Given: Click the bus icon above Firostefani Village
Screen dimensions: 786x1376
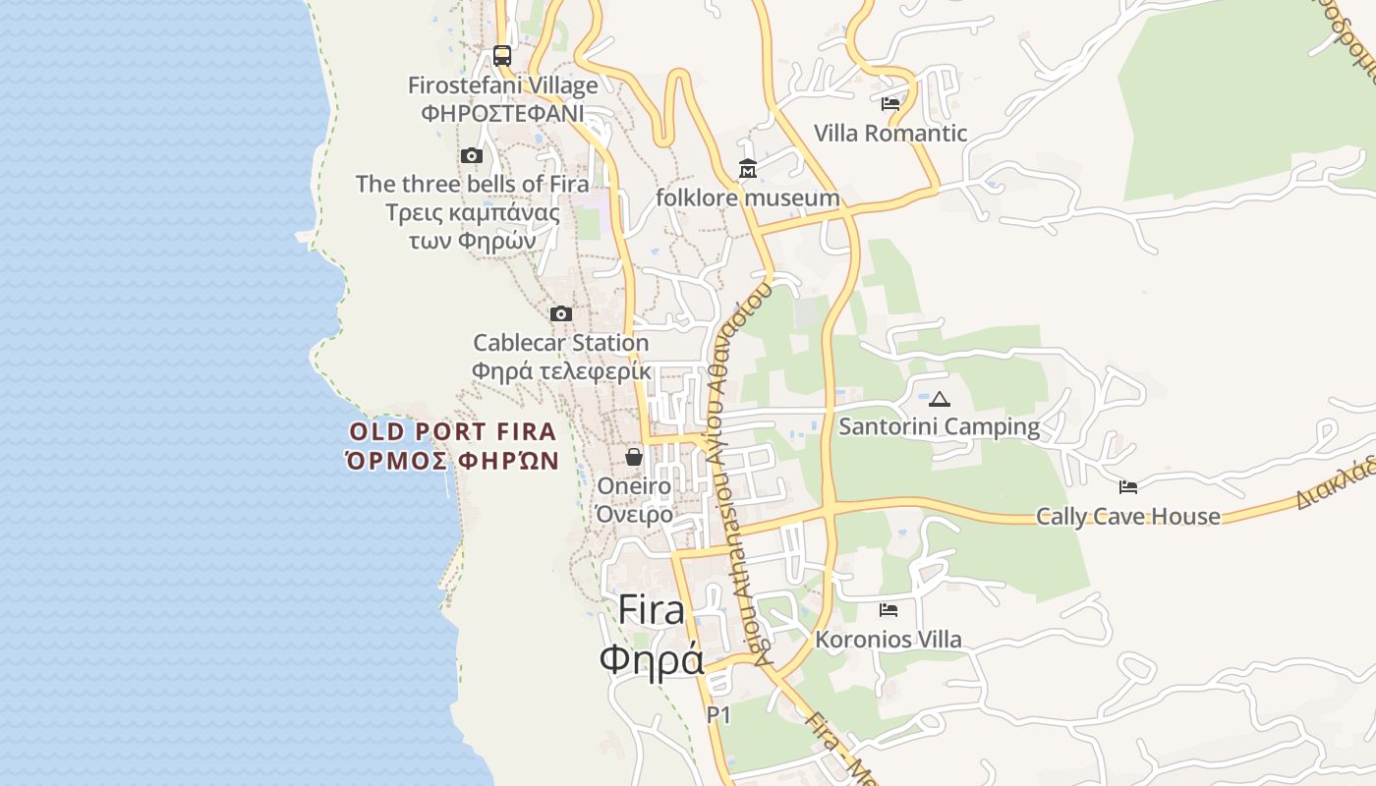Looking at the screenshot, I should [502, 56].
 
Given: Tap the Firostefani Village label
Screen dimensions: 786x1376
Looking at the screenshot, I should [503, 85].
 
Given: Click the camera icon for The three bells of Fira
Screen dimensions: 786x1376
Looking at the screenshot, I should [472, 155].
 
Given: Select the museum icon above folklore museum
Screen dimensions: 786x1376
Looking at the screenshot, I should [748, 170].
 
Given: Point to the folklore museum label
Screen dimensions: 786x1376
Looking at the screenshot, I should [748, 198].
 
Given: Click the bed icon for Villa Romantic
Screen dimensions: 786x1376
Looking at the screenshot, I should [890, 104].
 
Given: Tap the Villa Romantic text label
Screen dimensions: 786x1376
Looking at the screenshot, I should [890, 134].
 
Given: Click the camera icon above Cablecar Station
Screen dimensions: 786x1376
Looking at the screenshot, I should [561, 314].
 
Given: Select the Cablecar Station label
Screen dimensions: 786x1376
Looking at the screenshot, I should [561, 343].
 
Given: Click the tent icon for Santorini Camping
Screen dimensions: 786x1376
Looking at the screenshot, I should [940, 399].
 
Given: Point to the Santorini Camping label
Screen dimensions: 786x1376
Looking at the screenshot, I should [939, 426].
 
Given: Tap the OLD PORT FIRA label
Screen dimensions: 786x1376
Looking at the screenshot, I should [453, 431].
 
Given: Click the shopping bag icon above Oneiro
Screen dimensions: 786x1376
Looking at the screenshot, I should [634, 457].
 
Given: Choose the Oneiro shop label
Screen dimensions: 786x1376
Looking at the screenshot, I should [634, 486].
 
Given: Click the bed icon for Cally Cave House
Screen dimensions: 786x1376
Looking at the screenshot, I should [1128, 487].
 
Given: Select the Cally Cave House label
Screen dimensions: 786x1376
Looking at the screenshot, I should [1128, 517].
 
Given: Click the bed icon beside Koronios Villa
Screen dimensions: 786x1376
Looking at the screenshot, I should [889, 610].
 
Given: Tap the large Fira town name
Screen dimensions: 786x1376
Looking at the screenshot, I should [651, 610].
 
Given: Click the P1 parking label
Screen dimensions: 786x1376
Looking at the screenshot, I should [718, 715].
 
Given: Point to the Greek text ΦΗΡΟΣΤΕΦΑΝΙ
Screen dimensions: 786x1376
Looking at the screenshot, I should [502, 113].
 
